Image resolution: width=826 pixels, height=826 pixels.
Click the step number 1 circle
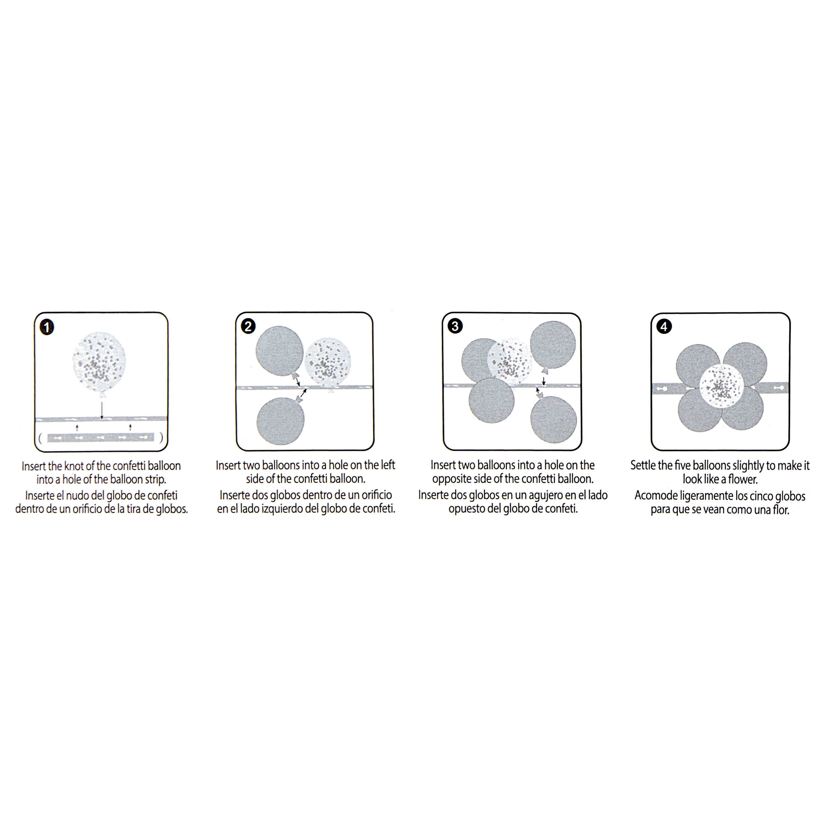tap(47, 327)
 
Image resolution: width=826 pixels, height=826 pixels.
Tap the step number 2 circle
tap(248, 327)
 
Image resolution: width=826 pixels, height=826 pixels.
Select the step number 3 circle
tap(455, 327)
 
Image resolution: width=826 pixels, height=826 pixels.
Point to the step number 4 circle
tap(664, 327)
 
